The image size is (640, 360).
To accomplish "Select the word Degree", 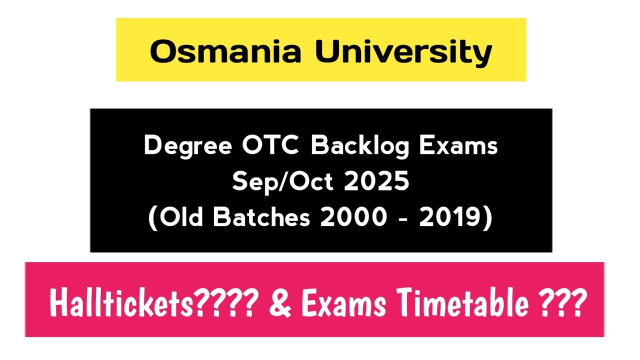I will click(188, 146).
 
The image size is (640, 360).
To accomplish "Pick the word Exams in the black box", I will click(462, 146).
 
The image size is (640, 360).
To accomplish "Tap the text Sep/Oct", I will click(282, 182).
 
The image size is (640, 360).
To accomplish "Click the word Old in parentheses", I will click(181, 219).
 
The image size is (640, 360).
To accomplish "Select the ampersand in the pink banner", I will click(281, 303).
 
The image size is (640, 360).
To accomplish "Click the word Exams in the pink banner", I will click(343, 303).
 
